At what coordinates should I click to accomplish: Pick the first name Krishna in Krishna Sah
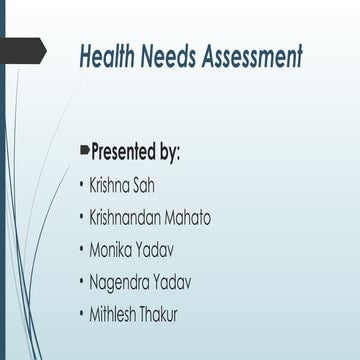click(113, 186)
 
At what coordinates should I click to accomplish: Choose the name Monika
click(114, 250)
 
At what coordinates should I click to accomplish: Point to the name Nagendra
click(123, 282)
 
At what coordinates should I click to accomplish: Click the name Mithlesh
click(117, 314)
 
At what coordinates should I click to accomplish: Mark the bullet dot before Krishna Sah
click(81, 187)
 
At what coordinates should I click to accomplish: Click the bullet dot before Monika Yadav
click(81, 251)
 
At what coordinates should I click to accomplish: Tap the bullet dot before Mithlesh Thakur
click(81, 315)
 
